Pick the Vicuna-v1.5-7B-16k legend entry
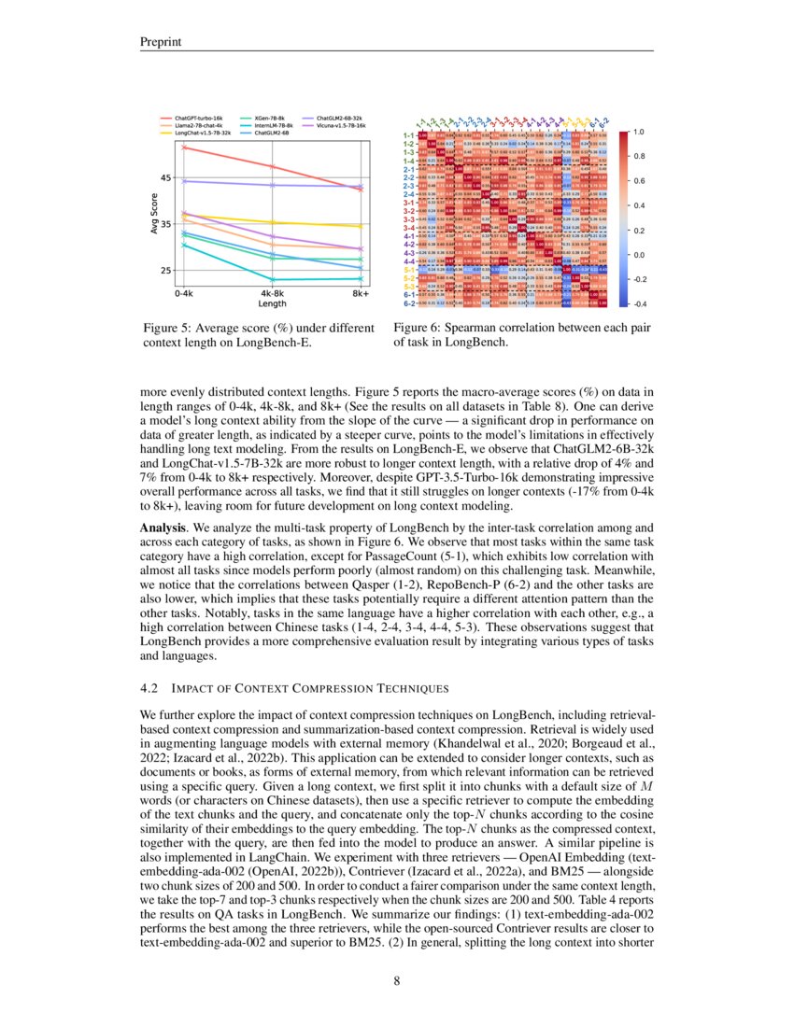pos(341,126)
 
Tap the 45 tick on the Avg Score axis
pos(166,177)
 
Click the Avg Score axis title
pos(153,214)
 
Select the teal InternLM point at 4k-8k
pos(272,279)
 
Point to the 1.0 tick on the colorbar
pos(638,133)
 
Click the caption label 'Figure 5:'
pos(170,328)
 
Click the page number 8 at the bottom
pos(396,980)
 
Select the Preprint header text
pos(159,40)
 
